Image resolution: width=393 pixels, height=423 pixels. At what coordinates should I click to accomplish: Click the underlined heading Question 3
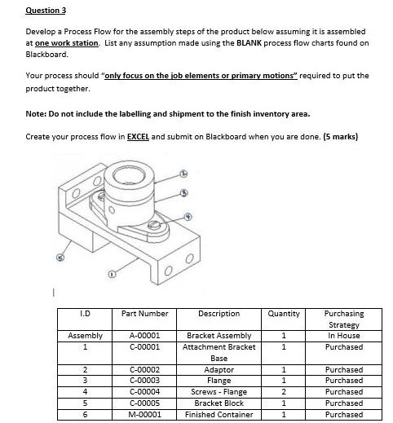point(46,10)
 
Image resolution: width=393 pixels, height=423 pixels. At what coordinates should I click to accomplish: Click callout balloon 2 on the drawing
point(184,174)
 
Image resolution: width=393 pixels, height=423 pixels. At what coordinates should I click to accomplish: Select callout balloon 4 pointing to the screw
point(189,216)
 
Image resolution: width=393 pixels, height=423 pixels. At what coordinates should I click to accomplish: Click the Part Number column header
point(144,314)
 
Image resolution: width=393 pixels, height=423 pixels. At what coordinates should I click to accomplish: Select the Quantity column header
point(284,314)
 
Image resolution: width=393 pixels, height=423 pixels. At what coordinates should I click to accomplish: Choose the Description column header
point(219,314)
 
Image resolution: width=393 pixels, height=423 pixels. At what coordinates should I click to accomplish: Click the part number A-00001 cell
point(144,336)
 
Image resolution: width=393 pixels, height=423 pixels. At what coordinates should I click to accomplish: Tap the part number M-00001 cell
point(144,414)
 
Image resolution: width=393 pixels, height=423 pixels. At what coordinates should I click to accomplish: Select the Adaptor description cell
point(219,369)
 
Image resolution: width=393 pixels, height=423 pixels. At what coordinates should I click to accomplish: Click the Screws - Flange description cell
point(219,392)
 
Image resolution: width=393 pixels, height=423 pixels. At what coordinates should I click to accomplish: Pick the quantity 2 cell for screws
point(284,392)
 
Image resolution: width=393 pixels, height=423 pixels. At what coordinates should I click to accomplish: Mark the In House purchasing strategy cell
point(344,336)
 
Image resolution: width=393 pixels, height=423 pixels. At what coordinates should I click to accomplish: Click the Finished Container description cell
point(219,414)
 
